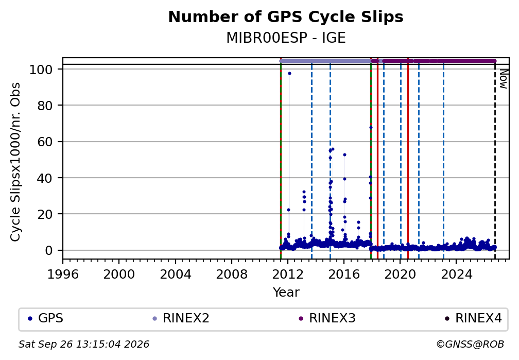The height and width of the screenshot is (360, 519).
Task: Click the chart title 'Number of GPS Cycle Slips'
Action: [286, 17]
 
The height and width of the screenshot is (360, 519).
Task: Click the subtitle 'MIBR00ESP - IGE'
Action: [286, 38]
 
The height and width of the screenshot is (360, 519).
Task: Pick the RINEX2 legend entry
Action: [181, 318]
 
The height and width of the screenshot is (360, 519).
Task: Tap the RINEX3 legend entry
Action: [327, 318]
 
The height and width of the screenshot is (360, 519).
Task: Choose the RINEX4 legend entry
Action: [473, 318]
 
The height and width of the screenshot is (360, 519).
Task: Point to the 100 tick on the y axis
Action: [41, 70]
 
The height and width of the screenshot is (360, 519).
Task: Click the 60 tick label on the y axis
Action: [45, 142]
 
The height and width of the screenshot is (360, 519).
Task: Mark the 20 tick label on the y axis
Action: [45, 214]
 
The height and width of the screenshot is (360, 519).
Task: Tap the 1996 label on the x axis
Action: [63, 275]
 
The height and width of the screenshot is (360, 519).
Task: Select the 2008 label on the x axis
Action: [231, 275]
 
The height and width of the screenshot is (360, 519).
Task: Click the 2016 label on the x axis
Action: [344, 275]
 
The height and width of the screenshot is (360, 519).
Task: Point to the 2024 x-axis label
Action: [456, 275]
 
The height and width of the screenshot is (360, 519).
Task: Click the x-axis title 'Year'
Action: [286, 293]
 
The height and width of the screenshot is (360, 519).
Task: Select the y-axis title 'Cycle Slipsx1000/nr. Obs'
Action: [15, 162]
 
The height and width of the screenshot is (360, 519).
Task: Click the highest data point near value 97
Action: [289, 74]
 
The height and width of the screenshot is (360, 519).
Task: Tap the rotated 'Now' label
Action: [503, 79]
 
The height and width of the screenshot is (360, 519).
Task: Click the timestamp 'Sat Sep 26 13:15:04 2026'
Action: [84, 345]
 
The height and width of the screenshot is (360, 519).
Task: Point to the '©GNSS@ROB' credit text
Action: [470, 345]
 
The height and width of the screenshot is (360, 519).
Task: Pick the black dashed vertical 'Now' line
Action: [495, 160]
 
